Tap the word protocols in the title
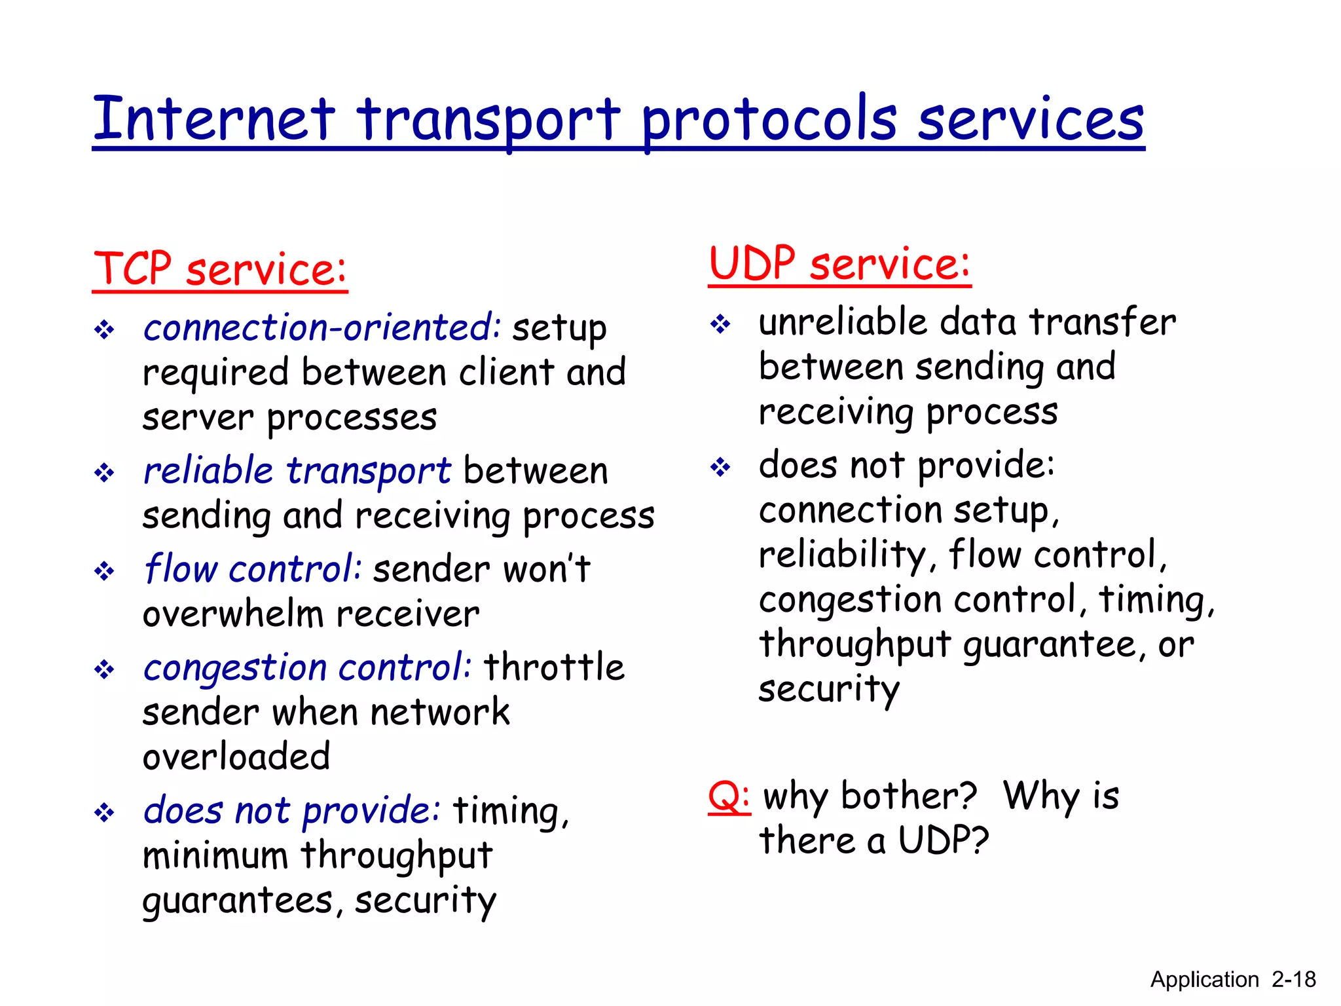[769, 120]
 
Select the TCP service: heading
[220, 269]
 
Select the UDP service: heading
[839, 264]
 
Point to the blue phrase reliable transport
[297, 470]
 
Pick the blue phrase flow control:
[253, 568]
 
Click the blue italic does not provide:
[292, 811]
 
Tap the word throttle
[554, 667]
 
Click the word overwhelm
[233, 614]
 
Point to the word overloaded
[236, 757]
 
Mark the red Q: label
[729, 796]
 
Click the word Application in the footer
[1204, 980]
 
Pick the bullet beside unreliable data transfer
[720, 324]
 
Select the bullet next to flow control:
[104, 571]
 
